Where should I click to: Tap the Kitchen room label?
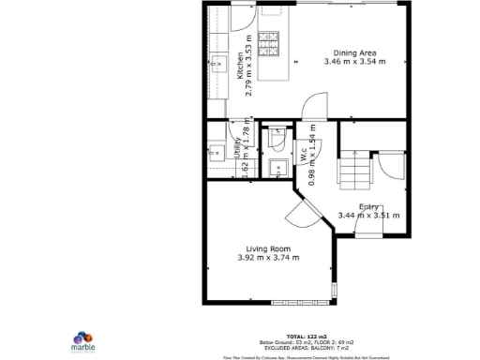[x=240, y=66]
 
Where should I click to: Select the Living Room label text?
[x=268, y=247]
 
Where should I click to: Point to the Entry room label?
[x=367, y=206]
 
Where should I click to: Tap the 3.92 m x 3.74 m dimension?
[x=268, y=258]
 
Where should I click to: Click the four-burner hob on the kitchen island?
[x=269, y=42]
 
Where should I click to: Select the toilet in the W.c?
[x=277, y=138]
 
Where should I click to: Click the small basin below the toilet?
[x=278, y=168]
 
